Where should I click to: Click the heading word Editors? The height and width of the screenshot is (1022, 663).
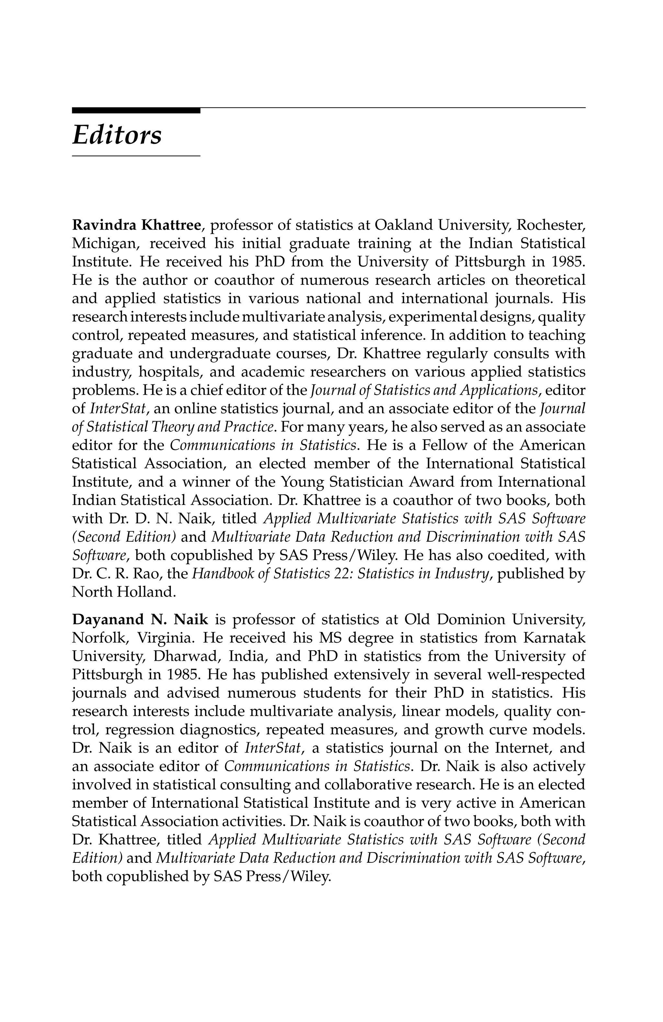coord(117,135)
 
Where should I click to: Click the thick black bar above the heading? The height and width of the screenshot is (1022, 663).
coord(136,110)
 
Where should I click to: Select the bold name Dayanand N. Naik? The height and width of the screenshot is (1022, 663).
coord(140,620)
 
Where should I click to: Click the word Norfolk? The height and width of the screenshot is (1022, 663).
coord(100,638)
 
